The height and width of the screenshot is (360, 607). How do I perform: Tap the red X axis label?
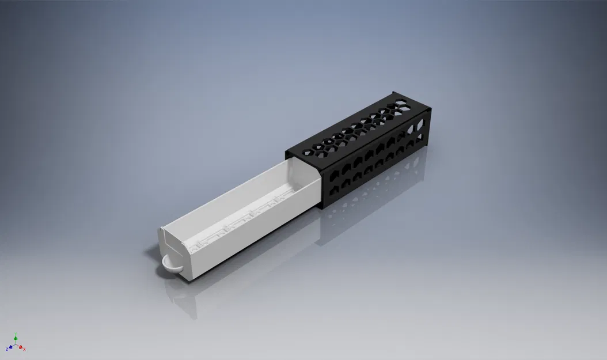pos(25,350)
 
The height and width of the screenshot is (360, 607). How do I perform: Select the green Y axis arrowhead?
pos(16,338)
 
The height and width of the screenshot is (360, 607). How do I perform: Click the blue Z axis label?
pos(7,350)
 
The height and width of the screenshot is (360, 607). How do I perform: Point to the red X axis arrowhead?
pos(21,347)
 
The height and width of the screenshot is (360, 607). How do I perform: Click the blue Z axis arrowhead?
pos(10,348)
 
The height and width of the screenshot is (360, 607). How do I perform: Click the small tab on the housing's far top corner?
pos(393,93)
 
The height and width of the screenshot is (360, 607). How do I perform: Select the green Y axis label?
pos(16,334)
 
